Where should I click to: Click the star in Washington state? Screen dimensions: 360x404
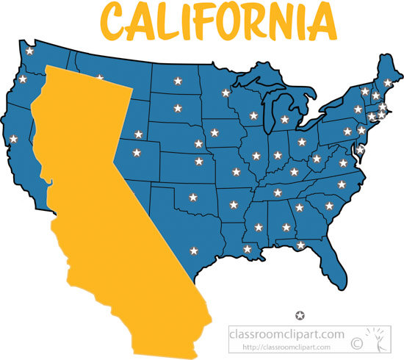tap(29, 51)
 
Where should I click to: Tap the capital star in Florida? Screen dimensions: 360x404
tap(300, 244)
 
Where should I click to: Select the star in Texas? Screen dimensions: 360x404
tap(195, 251)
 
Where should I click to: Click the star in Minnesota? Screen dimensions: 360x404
tap(226, 93)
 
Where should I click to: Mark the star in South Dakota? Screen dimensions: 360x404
tap(176, 108)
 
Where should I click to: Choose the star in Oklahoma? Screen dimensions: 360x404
tap(193, 197)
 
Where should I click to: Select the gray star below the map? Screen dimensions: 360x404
tap(300, 315)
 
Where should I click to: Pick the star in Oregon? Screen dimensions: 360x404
tap(22, 79)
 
